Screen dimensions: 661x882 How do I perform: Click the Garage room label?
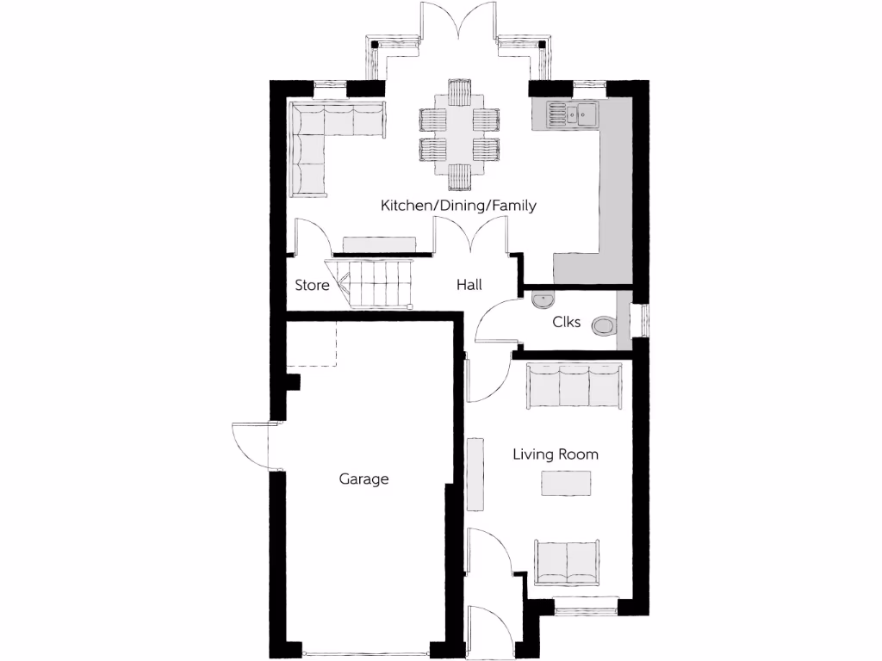tap(363, 479)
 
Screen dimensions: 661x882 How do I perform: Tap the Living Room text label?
tap(556, 454)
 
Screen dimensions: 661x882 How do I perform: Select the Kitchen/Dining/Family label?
tap(459, 206)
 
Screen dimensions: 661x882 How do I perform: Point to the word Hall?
tap(469, 285)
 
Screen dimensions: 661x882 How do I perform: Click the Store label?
tap(312, 285)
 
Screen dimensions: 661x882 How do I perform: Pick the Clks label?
tap(567, 323)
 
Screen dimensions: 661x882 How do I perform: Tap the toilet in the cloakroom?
tap(606, 325)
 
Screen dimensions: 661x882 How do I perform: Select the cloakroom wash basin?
tap(543, 300)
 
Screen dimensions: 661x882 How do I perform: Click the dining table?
tap(459, 134)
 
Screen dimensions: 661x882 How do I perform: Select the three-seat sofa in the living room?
tap(575, 385)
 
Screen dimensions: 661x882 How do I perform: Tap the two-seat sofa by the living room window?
tap(568, 562)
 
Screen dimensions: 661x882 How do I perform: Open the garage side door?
tap(252, 446)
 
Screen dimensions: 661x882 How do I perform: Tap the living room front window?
tap(586, 611)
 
